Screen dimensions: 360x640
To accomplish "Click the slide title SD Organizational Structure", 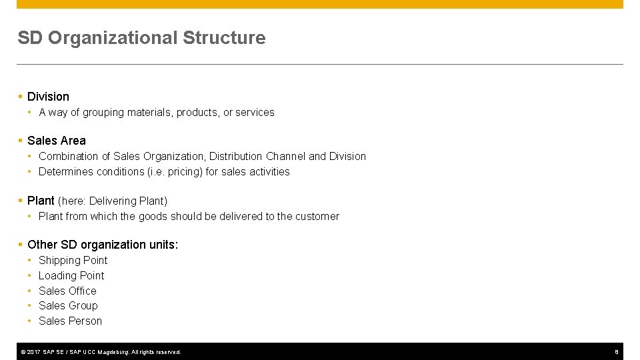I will tap(141, 38).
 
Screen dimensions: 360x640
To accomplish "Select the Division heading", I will tap(48, 97).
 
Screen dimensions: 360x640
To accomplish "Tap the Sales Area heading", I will tap(57, 141).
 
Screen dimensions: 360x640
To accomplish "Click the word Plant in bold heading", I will tap(41, 201).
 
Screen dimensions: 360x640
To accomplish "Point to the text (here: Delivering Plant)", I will tap(113, 201).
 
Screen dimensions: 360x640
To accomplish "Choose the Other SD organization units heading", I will tap(103, 245).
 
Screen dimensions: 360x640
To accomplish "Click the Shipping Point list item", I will tap(73, 260).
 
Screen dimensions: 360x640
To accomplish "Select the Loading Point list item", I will tap(71, 275).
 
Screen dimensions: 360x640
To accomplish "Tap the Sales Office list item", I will tap(67, 291).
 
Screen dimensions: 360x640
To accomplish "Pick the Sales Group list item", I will tap(68, 305).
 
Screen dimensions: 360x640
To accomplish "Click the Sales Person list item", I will tap(70, 321).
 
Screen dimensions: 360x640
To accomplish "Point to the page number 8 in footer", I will tap(617, 351).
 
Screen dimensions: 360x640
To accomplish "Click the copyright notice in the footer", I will tap(100, 351).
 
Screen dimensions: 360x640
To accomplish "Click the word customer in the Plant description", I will tap(317, 216).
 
